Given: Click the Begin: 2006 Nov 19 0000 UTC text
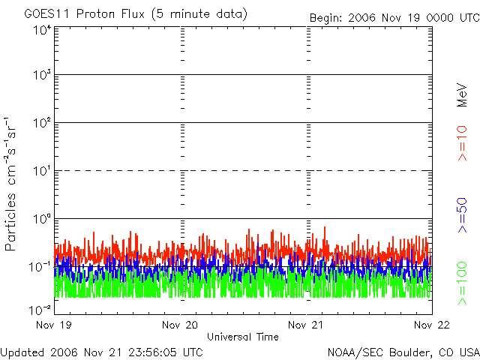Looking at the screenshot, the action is point(394,18).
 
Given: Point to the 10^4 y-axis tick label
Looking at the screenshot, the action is point(43,31).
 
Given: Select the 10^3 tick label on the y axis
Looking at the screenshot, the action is point(43,75).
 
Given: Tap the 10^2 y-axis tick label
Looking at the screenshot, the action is point(43,123).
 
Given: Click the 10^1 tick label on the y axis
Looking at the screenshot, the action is point(43,171).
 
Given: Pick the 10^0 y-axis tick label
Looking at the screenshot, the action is point(43,219).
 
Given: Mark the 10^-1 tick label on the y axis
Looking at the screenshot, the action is point(40,267).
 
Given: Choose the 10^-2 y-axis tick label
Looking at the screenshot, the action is point(40,310).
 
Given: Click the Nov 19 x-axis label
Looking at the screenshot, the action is point(54,325).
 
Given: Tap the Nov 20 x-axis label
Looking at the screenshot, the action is point(180,325).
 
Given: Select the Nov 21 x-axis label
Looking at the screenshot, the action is point(306,325).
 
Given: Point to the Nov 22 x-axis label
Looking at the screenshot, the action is point(432,325).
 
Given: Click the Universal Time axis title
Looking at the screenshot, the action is point(243,337).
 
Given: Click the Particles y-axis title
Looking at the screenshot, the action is point(10,222).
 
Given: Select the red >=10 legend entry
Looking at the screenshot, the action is point(462,143).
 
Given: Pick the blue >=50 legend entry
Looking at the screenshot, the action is point(462,215).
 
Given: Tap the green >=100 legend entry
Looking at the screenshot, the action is point(462,283).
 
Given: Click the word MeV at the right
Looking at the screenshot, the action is point(462,95).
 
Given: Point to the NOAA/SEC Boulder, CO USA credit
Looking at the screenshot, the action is point(403,352).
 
